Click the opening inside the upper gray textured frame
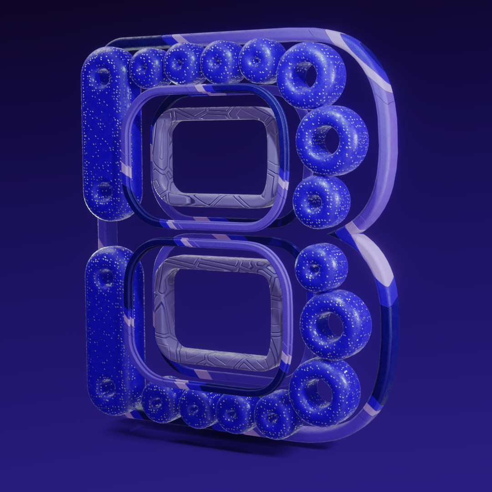coord(219,157)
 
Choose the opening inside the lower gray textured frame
coord(221,311)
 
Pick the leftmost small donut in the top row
coord(148,67)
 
